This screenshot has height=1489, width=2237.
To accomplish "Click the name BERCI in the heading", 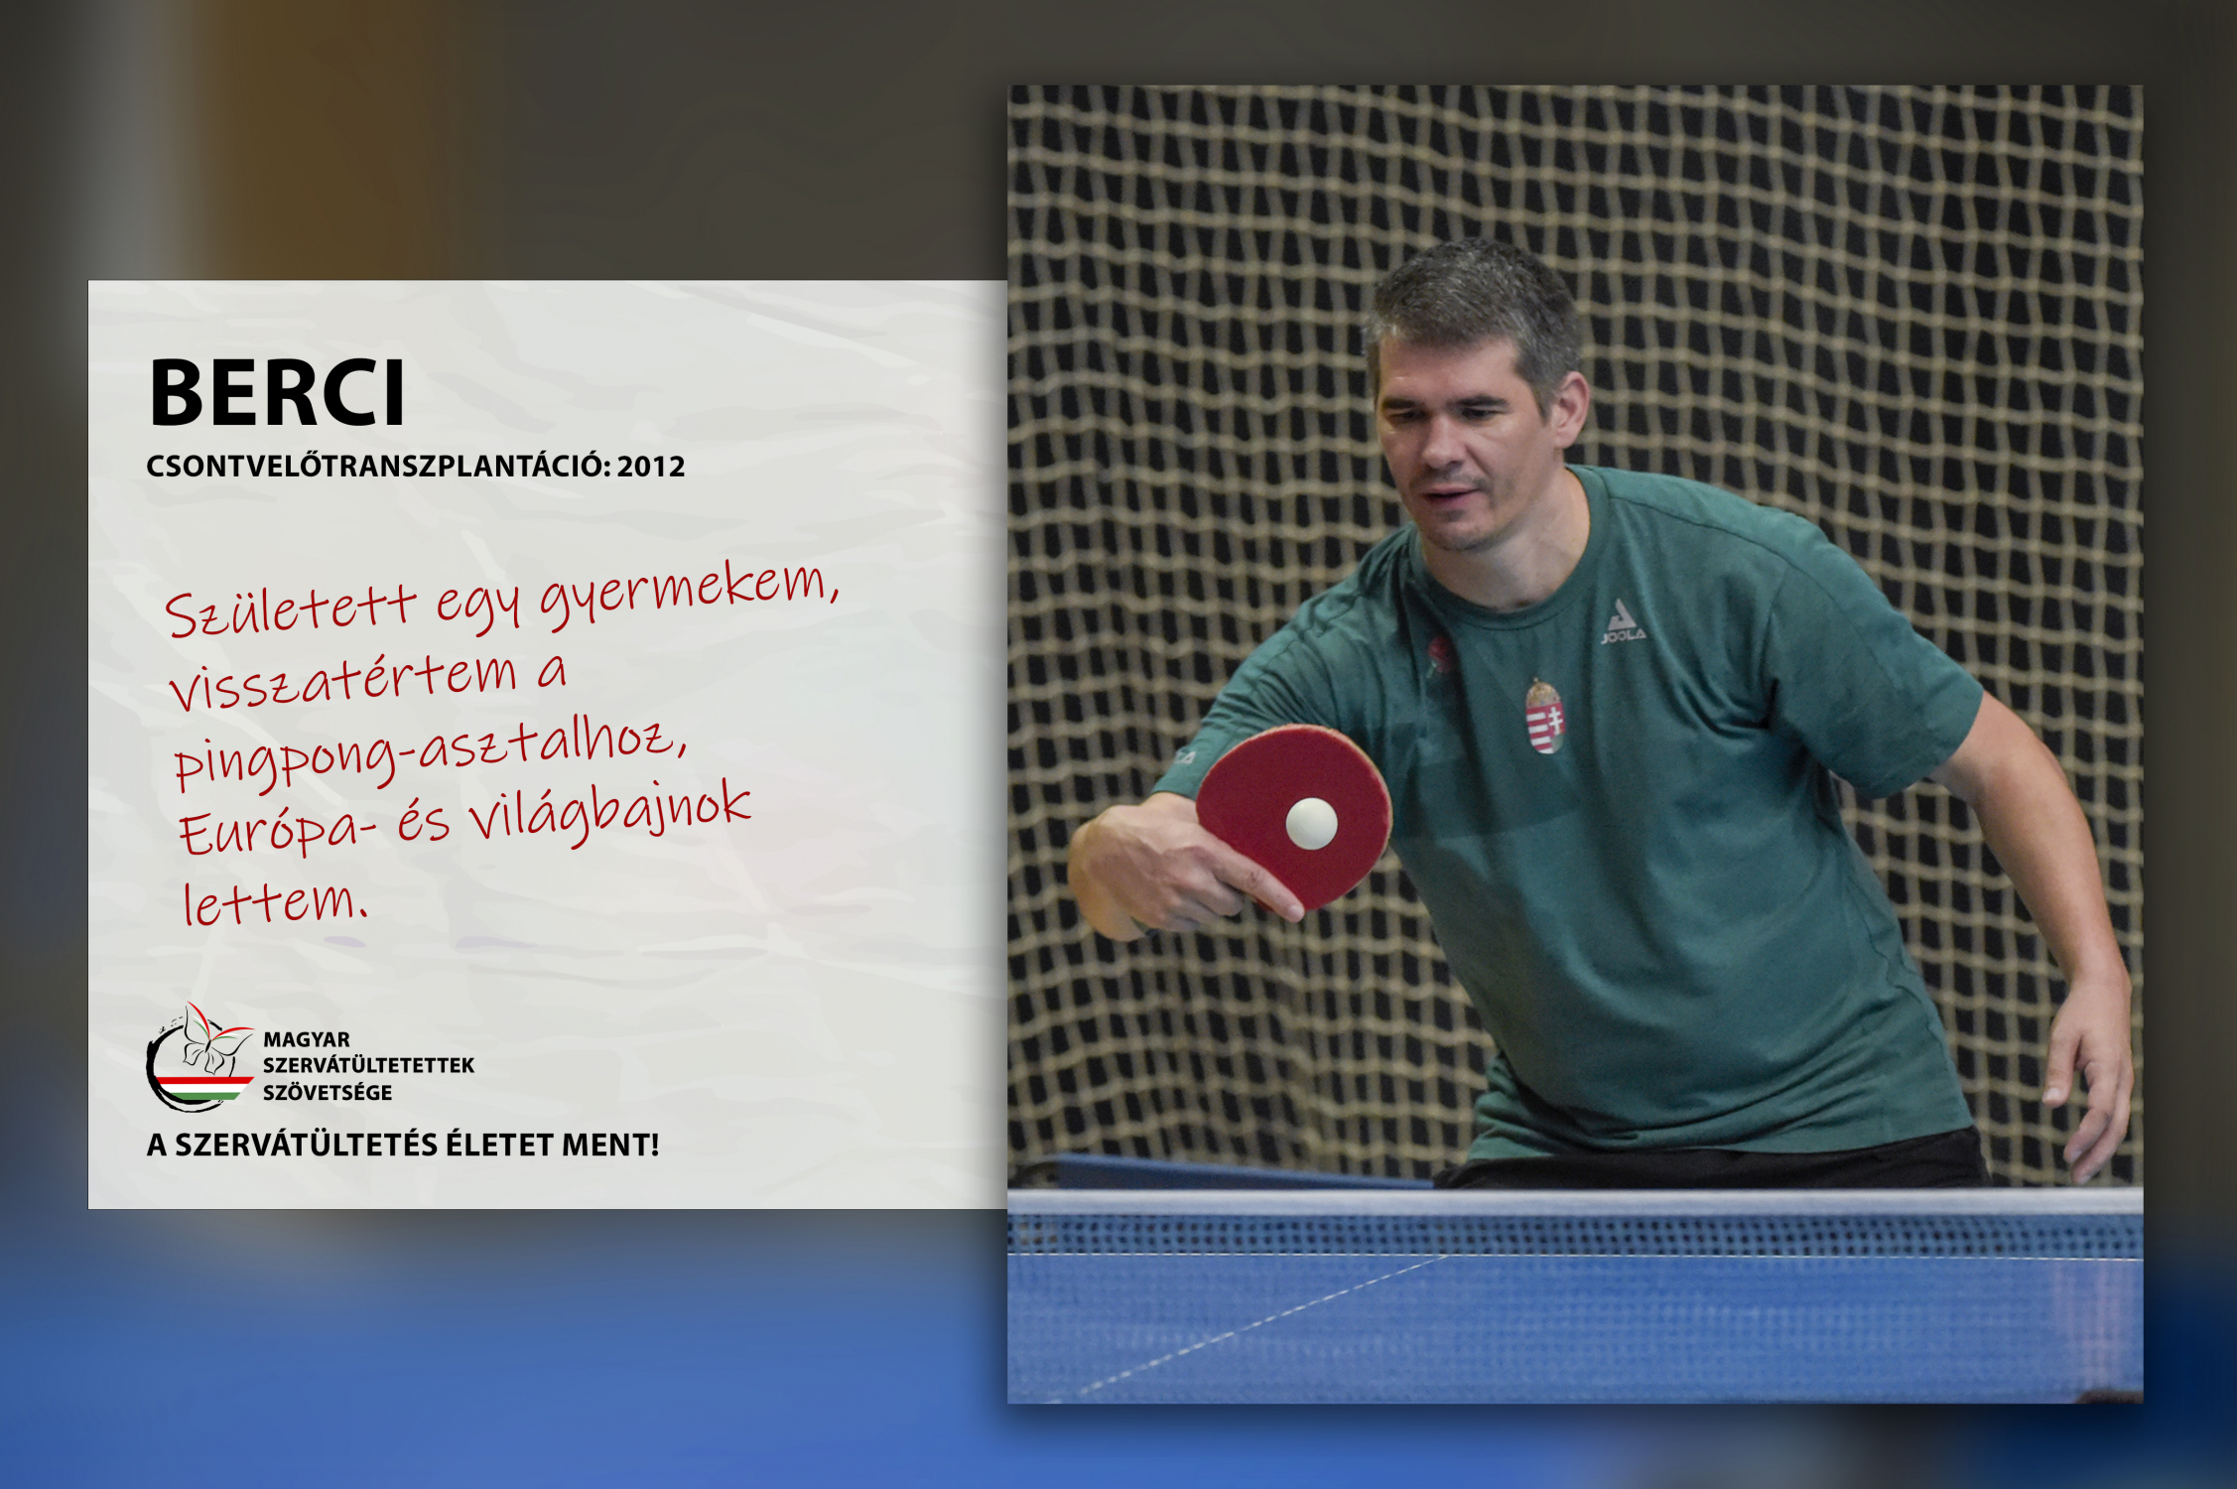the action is pyautogui.click(x=277, y=392).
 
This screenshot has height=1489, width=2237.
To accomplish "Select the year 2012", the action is pyautogui.click(x=650, y=467).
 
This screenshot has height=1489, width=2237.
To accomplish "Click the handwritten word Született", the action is pyautogui.click(x=290, y=609).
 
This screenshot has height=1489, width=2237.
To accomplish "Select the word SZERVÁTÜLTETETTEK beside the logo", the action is pyautogui.click(x=368, y=1065).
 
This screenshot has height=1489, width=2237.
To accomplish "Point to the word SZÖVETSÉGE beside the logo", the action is pyautogui.click(x=328, y=1093).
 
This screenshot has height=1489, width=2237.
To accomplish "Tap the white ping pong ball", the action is pyautogui.click(x=1312, y=823).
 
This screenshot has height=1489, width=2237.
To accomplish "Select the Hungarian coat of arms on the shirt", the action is pyautogui.click(x=1544, y=715).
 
